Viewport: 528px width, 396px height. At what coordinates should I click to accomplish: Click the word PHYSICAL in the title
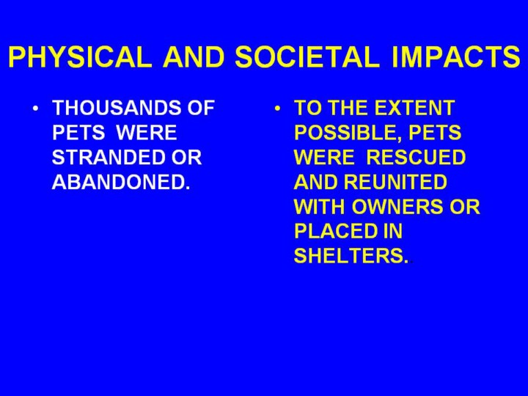(x=80, y=56)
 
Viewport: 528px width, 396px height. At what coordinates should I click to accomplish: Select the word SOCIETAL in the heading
(x=307, y=56)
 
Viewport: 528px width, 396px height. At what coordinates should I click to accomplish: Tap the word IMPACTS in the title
(x=456, y=56)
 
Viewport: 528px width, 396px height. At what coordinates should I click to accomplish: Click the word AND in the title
(x=194, y=56)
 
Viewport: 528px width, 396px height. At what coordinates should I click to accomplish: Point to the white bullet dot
(x=36, y=109)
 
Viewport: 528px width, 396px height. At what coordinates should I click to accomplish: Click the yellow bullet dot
(x=277, y=109)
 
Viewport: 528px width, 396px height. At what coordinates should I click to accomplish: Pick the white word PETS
(x=78, y=132)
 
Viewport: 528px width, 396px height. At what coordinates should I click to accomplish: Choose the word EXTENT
(x=414, y=108)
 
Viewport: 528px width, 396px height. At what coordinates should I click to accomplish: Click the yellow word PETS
(x=435, y=132)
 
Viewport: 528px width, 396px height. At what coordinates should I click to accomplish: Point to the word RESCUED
(x=416, y=157)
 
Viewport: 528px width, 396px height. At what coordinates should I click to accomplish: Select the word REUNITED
(x=395, y=182)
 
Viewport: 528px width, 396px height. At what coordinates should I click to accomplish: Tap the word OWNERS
(x=397, y=206)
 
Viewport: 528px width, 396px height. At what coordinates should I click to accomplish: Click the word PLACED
(x=336, y=231)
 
